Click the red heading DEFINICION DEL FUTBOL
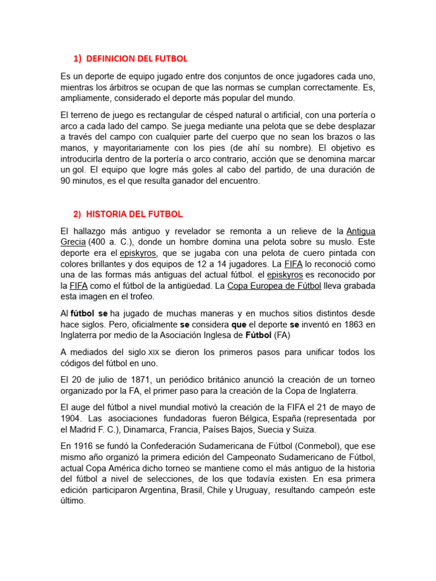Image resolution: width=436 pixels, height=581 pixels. (x=137, y=58)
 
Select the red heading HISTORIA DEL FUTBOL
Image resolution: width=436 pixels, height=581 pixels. (x=135, y=214)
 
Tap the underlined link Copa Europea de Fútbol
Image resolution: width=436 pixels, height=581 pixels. (x=274, y=286)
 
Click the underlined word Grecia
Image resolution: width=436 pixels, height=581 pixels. (x=73, y=242)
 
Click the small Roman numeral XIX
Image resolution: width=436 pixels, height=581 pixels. (x=154, y=352)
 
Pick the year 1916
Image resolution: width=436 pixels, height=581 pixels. (x=84, y=446)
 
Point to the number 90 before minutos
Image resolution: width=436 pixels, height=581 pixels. (x=66, y=181)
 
